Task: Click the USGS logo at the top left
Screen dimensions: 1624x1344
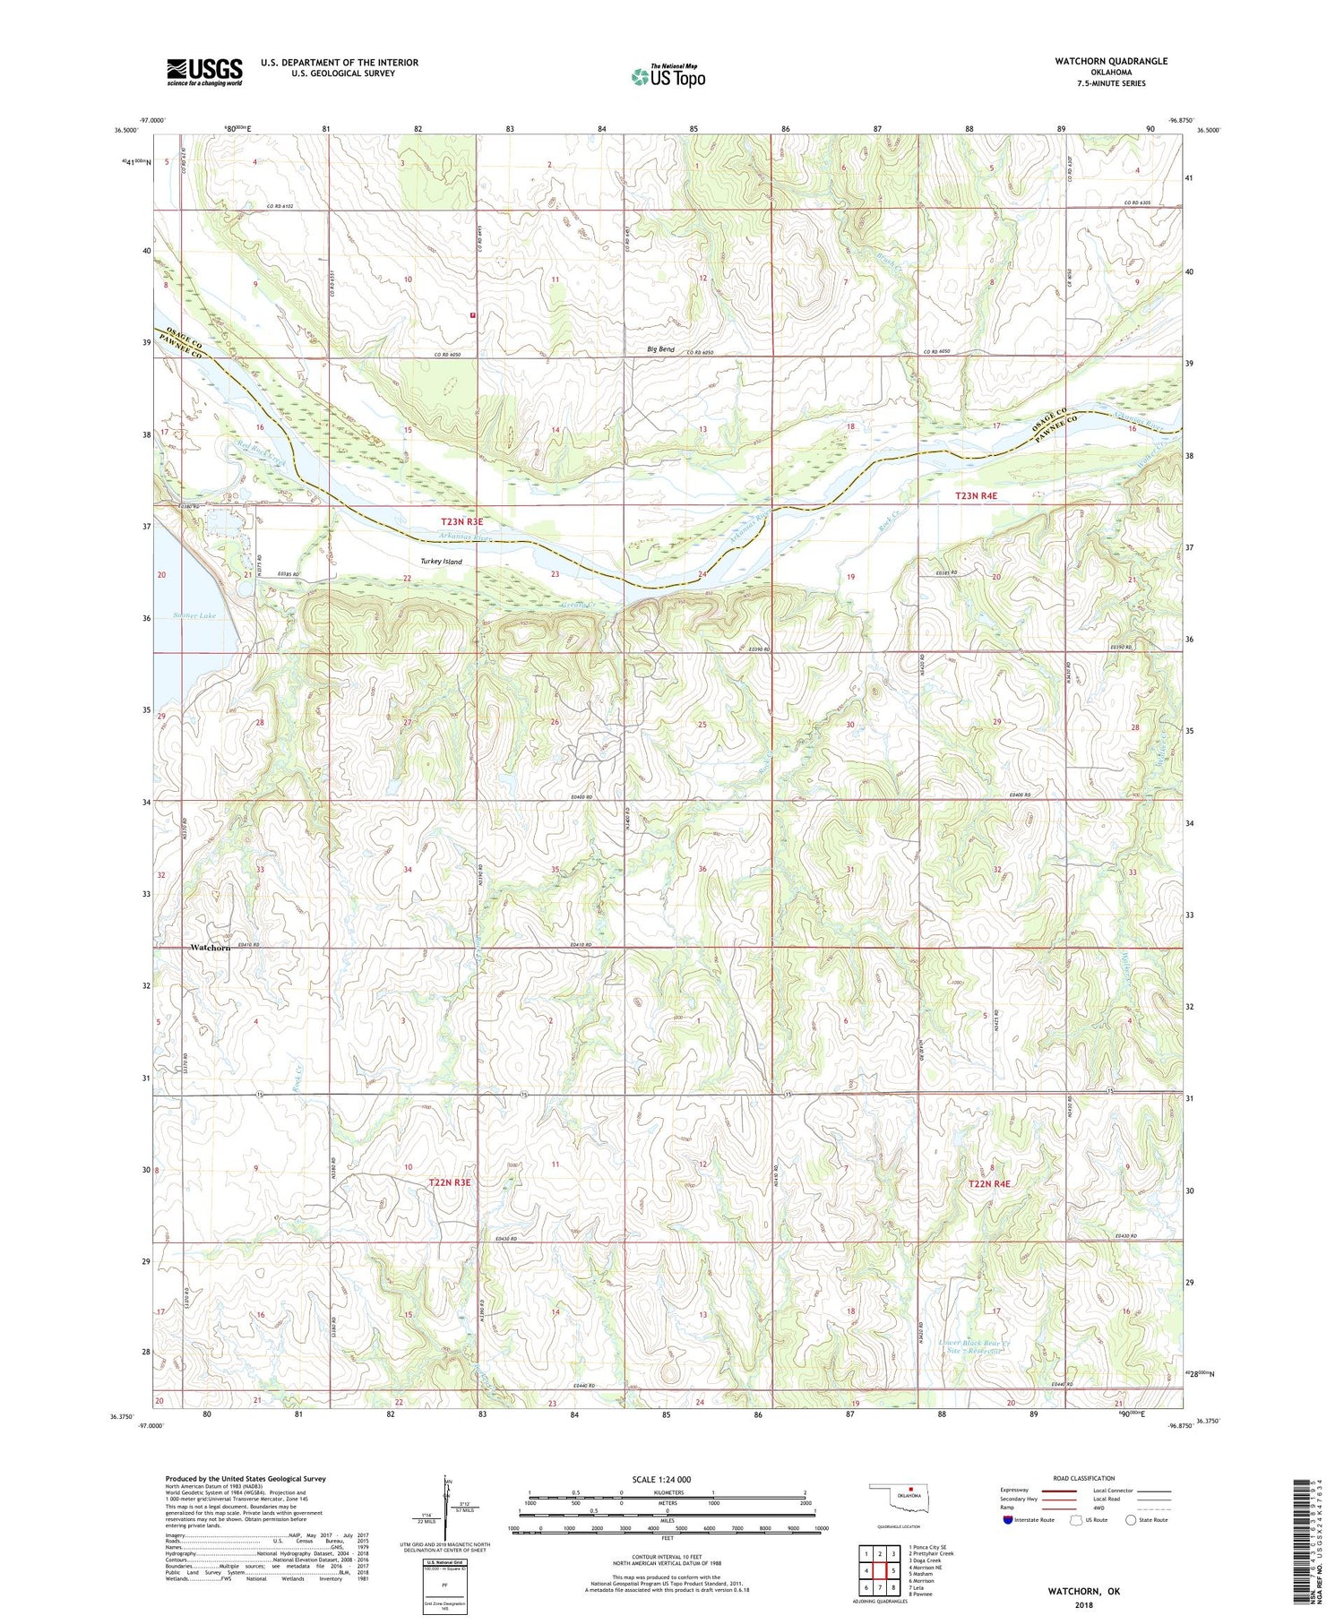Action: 204,72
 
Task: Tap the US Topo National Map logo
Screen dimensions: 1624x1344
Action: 668,76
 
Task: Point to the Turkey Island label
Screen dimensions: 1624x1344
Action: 442,562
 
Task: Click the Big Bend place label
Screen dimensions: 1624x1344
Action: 661,349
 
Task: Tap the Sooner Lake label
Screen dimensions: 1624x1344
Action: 194,615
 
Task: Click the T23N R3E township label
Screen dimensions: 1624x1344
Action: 461,521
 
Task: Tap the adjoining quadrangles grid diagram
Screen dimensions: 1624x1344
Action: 880,1564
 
